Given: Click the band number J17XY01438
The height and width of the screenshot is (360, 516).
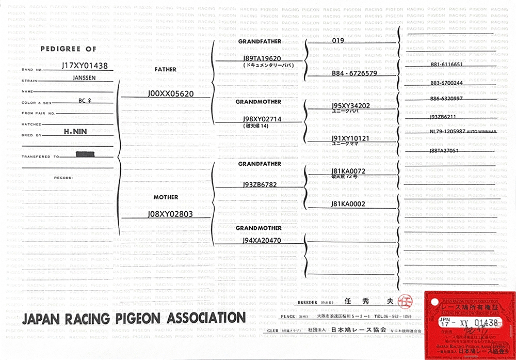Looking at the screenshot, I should pos(84,66).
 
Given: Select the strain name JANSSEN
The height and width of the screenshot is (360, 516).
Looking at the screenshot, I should pos(84,78).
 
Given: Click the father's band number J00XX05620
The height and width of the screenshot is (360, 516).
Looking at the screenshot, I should pos(170,94).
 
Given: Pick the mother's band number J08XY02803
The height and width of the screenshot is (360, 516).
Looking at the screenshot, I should pos(170,214).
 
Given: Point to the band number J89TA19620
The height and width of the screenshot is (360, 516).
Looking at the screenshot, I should pos(262,58).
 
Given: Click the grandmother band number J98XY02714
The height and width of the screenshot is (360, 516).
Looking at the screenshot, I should pos(262,119).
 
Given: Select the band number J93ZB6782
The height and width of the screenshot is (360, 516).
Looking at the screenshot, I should pos(260,184).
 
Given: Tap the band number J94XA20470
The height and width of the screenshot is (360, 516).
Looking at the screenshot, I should pos(262,241).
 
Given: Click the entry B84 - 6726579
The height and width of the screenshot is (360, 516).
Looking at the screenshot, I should pos(354,73).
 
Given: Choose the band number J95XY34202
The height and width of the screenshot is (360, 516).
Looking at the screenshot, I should pos(351,105).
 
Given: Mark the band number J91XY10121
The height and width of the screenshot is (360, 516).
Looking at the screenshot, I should pos(350,138).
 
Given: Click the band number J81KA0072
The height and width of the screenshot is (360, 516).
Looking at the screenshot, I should pos(349,170).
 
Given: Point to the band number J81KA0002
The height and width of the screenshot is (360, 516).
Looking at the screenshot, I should pos(349,204).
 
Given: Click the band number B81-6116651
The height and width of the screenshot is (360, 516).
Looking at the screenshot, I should pos(446,65).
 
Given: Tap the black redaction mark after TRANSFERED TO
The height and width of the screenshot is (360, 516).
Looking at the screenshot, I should pos(84,154).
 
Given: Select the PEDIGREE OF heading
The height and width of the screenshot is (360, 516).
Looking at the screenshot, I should pos(69,49).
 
